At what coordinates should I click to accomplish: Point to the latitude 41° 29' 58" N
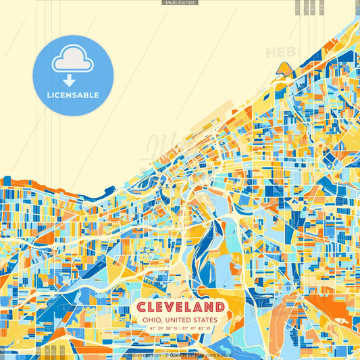(161, 328)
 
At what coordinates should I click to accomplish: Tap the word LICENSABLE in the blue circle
(74, 95)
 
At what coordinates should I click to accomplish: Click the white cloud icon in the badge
(73, 59)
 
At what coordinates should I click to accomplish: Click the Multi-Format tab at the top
(180, 3)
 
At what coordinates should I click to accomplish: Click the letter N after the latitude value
(176, 328)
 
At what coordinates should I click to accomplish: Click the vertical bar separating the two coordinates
(180, 328)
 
